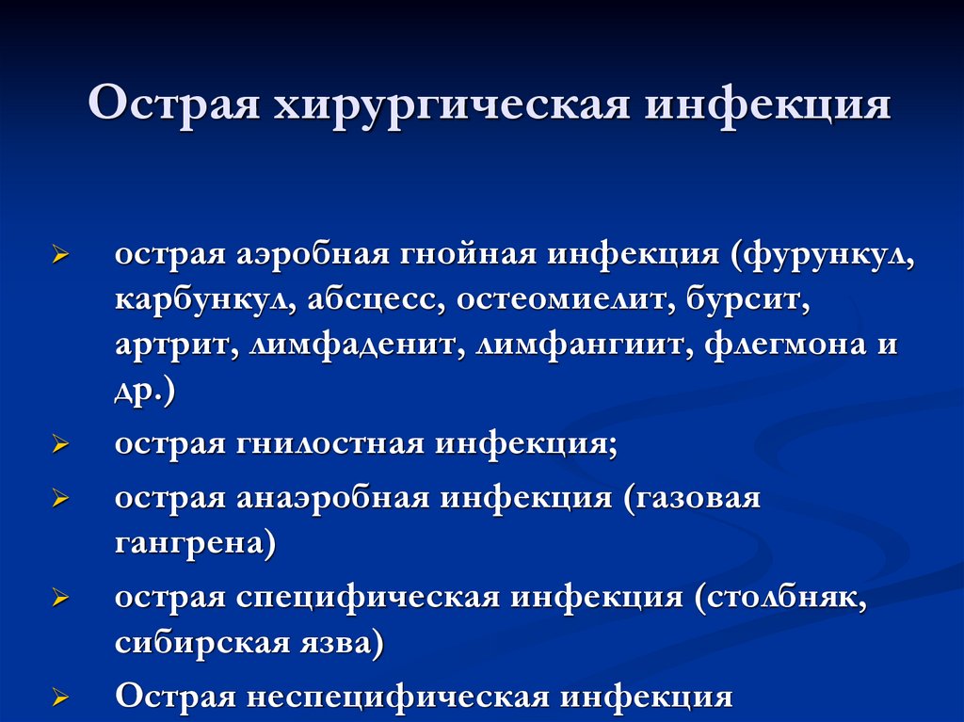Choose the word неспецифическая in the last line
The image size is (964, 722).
[x=398, y=698]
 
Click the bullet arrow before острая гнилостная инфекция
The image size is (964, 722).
[x=61, y=444]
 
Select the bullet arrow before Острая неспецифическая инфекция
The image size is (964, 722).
[x=61, y=698]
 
